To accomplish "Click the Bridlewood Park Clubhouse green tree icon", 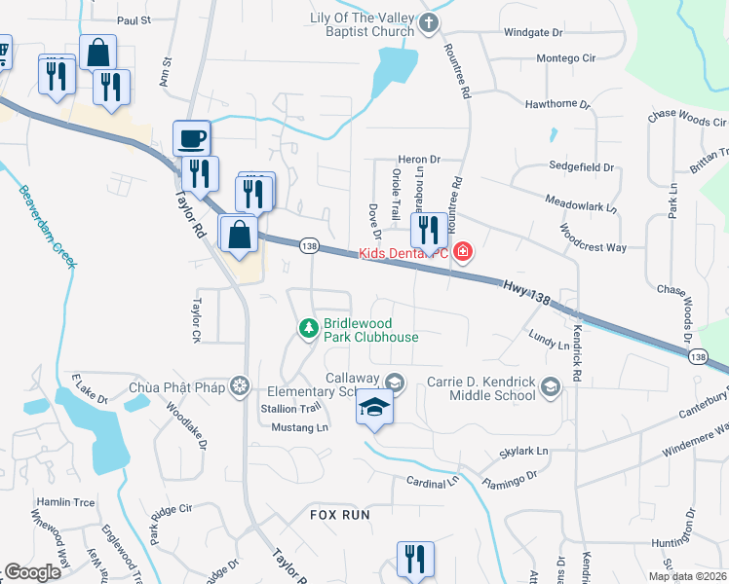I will coord(309,328).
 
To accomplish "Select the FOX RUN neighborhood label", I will coord(340,514).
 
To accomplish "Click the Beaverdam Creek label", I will coord(45,227).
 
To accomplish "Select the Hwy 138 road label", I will coord(527,293).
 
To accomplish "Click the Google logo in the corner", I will coord(32,571).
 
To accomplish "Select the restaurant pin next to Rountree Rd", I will coord(428,231).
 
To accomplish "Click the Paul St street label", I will coord(134,19).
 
